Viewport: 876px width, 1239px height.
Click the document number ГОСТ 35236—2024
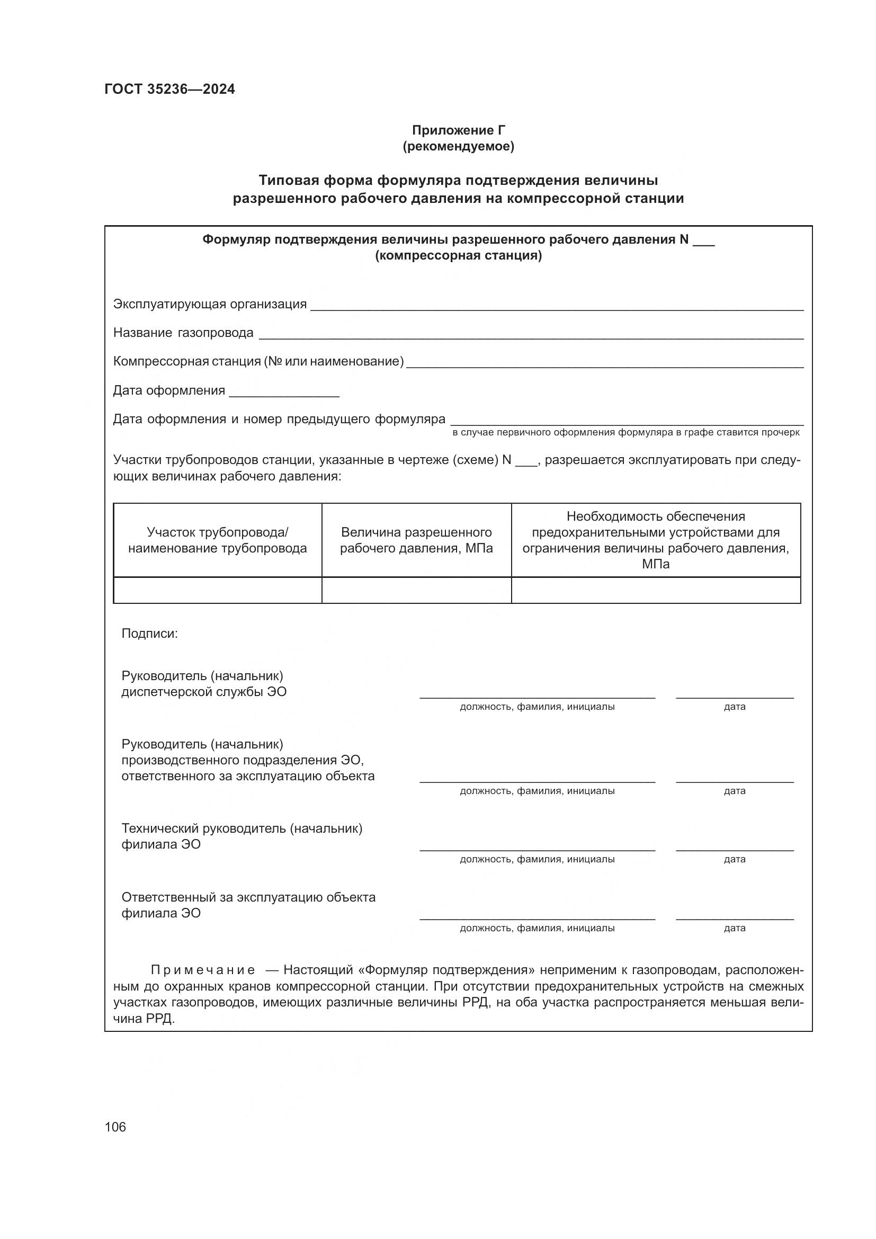[169, 89]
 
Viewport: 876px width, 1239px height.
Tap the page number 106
[115, 1126]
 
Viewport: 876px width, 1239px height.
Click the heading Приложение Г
[459, 130]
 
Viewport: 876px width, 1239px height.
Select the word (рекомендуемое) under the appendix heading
[459, 146]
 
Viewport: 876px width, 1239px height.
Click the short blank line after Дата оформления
[284, 395]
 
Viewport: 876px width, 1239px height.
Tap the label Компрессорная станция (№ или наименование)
[258, 361]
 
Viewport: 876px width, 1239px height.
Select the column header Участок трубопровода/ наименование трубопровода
[217, 540]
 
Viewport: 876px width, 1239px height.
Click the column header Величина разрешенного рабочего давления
[416, 540]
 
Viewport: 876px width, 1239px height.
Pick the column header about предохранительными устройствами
[655, 540]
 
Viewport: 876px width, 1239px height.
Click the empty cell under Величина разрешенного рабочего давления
[416, 590]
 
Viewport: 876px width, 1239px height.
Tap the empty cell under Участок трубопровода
[217, 590]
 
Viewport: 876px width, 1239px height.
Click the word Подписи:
[149, 633]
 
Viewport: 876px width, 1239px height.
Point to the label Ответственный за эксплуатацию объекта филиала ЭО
[248, 905]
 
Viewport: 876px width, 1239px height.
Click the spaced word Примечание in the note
[203, 970]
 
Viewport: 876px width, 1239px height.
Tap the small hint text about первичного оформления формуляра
[625, 432]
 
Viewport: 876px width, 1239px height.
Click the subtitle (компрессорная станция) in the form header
[459, 255]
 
